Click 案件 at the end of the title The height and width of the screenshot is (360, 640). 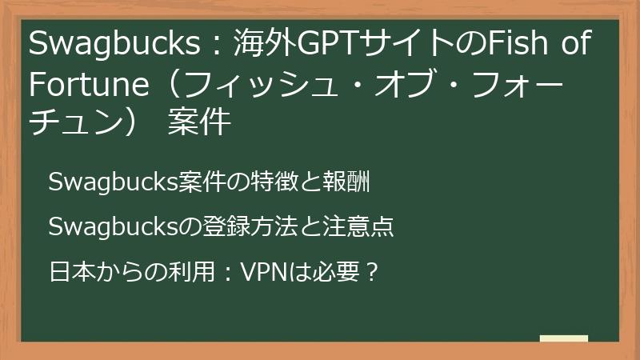click(x=199, y=124)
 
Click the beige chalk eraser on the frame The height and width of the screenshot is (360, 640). click(x=563, y=340)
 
